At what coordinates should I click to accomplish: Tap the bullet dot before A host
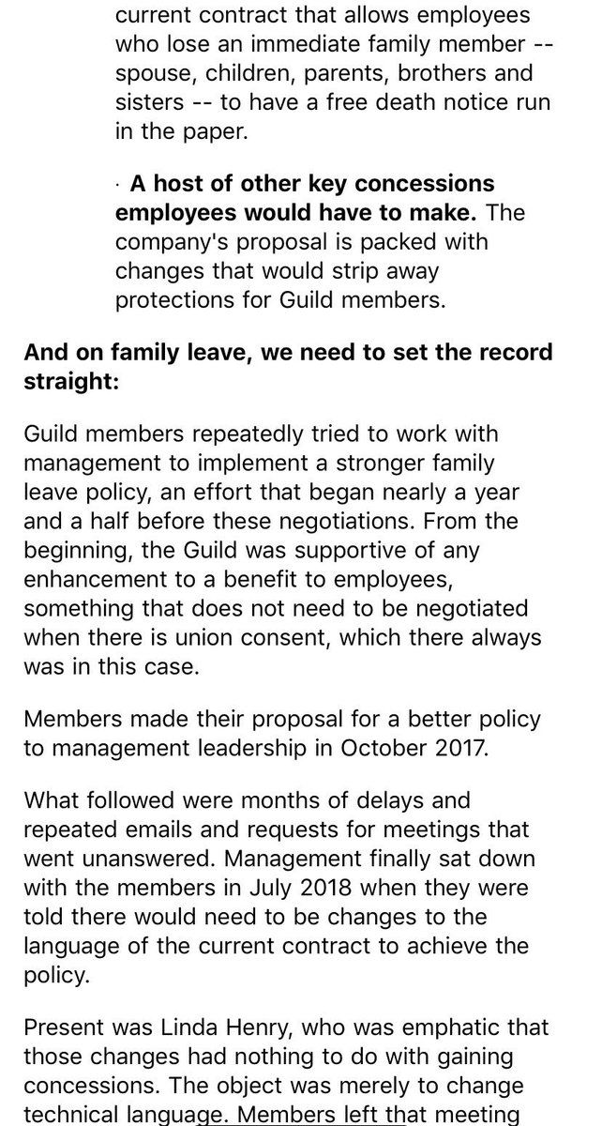pyautogui.click(x=121, y=184)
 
